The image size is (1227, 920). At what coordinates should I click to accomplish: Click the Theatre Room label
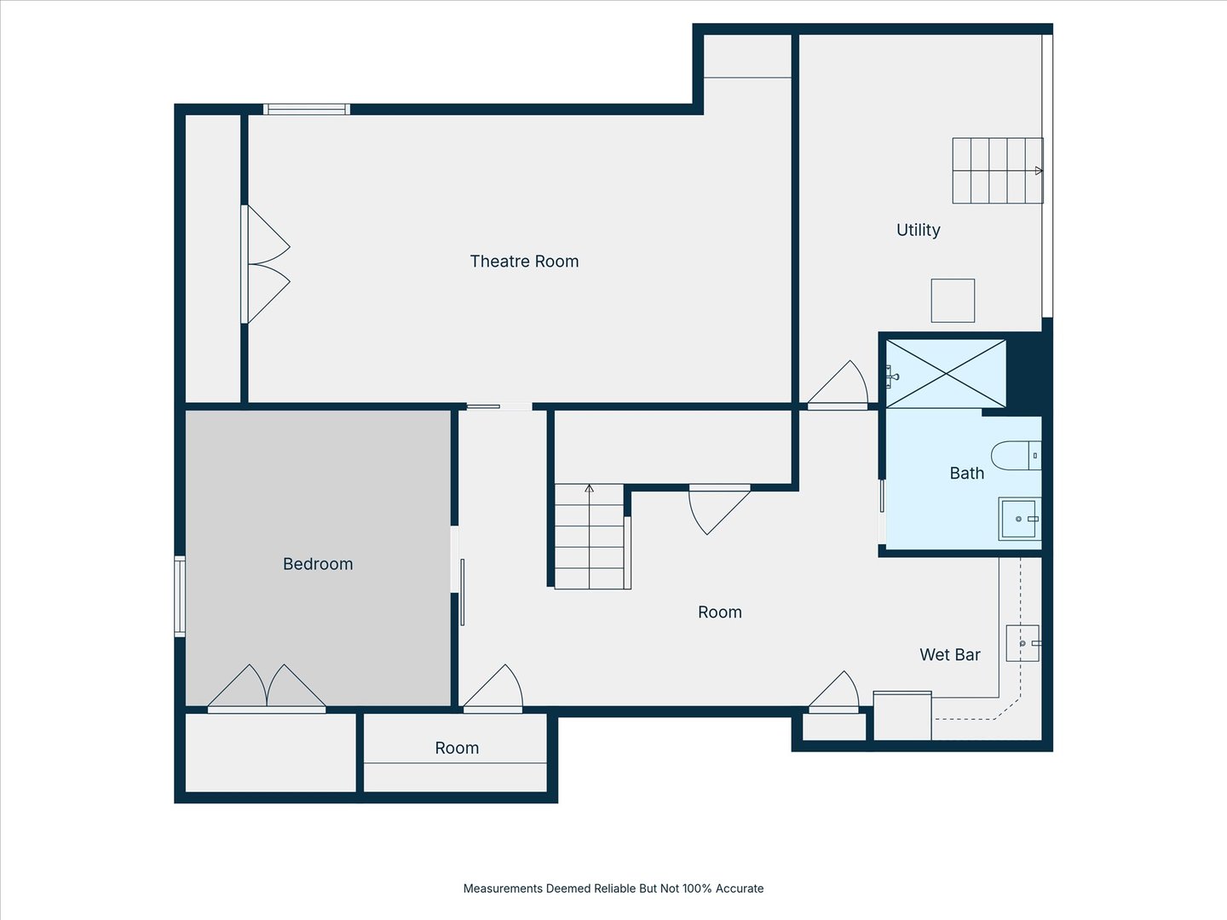pyautogui.click(x=524, y=262)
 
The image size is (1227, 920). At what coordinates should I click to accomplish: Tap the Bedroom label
pyautogui.click(x=318, y=564)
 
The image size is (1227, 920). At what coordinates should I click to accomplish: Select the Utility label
pyautogui.click(x=918, y=230)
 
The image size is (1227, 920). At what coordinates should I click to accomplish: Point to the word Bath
pyautogui.click(x=966, y=474)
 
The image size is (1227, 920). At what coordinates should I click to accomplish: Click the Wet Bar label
pyautogui.click(x=950, y=655)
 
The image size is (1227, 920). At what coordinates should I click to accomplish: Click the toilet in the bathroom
pyautogui.click(x=1016, y=456)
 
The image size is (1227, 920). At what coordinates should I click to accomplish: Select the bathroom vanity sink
pyautogui.click(x=1020, y=519)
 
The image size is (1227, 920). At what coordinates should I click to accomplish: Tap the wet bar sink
pyautogui.click(x=1023, y=643)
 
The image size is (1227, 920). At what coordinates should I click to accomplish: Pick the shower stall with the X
pyautogui.click(x=946, y=373)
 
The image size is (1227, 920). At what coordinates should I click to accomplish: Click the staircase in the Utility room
pyautogui.click(x=998, y=170)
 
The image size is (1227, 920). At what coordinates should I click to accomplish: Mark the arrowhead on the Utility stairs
pyautogui.click(x=1039, y=170)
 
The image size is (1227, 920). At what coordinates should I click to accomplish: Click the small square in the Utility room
pyautogui.click(x=953, y=301)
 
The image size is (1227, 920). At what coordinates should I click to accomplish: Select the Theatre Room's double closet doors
pyautogui.click(x=266, y=264)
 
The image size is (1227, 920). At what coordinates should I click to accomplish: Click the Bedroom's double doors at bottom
pyautogui.click(x=267, y=688)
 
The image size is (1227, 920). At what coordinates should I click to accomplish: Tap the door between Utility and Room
pyautogui.click(x=838, y=384)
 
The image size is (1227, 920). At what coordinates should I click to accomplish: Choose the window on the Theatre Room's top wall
pyautogui.click(x=307, y=109)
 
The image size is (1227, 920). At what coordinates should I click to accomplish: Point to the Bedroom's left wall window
pyautogui.click(x=180, y=596)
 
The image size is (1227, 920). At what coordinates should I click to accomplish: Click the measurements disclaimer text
pyautogui.click(x=613, y=888)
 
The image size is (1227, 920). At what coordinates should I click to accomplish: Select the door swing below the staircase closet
pyautogui.click(x=719, y=509)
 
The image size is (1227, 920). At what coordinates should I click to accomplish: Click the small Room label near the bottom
pyautogui.click(x=457, y=748)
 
